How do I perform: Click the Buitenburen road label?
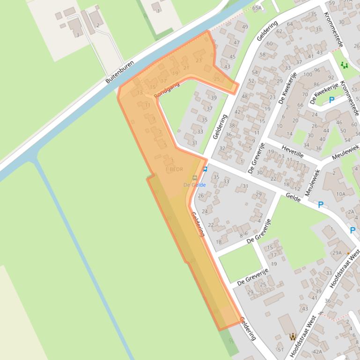click(119, 72)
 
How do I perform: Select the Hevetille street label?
click(293, 151)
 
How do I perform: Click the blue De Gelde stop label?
click(194, 185)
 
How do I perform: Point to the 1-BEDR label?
click(174, 169)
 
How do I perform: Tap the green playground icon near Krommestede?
click(345, 65)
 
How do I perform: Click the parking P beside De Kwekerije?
click(332, 100)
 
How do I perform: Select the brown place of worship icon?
click(293, 336)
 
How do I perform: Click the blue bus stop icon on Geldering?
click(205, 169)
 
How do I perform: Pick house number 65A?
click(257, 8)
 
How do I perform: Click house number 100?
click(308, 75)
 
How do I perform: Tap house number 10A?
click(341, 194)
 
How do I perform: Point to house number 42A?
click(317, 352)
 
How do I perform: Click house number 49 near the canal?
click(245, 27)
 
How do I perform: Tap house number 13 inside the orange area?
click(140, 93)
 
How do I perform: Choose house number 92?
click(331, 78)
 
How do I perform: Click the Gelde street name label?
click(293, 198)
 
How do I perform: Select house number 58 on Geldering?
click(262, 55)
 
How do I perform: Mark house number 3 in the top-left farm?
click(77, 35)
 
